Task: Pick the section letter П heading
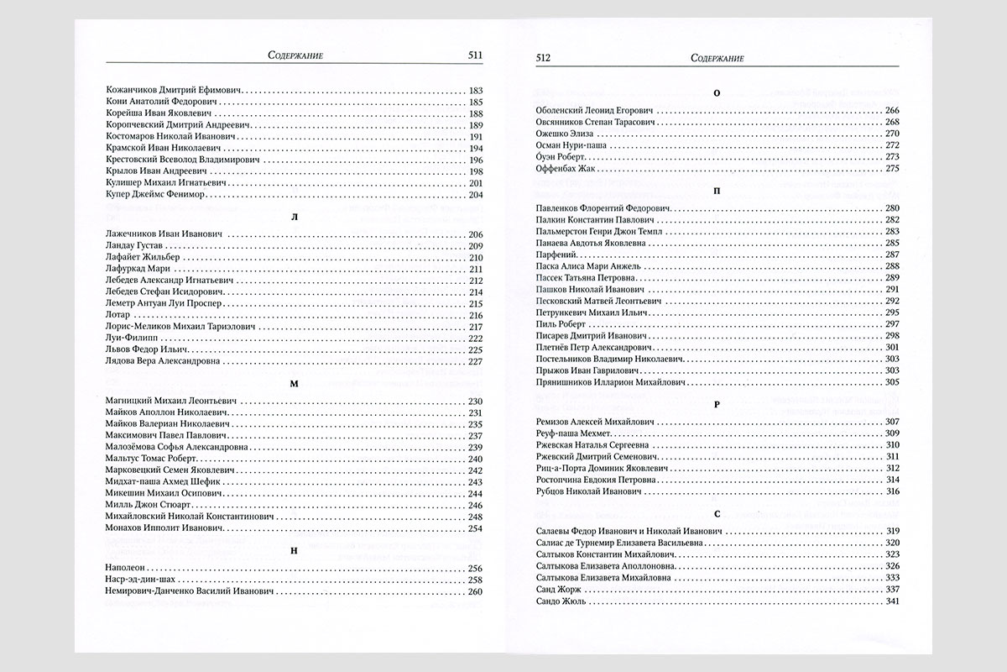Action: (716, 190)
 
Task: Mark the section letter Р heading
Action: (716, 403)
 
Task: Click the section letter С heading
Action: (716, 513)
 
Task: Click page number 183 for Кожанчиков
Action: (475, 89)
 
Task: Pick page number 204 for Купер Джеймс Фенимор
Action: (475, 195)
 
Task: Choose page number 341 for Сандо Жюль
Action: (892, 601)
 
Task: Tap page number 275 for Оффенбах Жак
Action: (892, 169)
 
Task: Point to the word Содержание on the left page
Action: (294, 56)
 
